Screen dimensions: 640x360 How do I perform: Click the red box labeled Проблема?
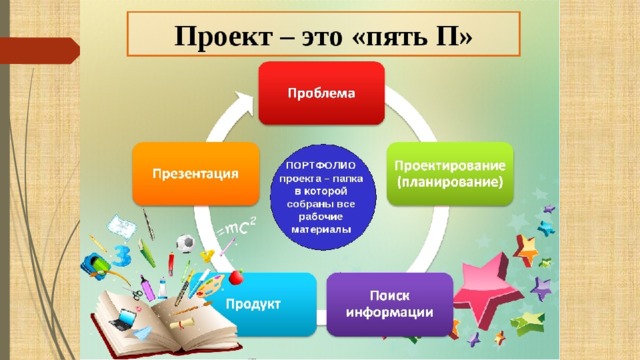pos(322,93)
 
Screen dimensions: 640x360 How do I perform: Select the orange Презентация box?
pos(196,173)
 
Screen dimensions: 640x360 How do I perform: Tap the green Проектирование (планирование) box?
pos(450,173)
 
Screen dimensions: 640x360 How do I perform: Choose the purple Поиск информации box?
pos(390,304)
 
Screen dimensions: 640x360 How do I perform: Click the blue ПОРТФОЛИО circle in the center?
pos(323,197)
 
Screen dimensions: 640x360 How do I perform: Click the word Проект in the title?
pos(223,36)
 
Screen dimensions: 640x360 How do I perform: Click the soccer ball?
pos(185,243)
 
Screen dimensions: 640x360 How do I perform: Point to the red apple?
pos(236,277)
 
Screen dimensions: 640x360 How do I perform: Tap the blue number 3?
pos(121,255)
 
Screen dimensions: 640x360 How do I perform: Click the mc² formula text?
pos(238,228)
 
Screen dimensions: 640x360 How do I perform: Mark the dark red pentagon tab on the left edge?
pos(40,51)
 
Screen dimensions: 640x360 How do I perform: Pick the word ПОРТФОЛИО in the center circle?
pos(320,165)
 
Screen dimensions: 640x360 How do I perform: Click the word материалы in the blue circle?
pos(321,230)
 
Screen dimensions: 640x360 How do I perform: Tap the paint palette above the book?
pos(211,284)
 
